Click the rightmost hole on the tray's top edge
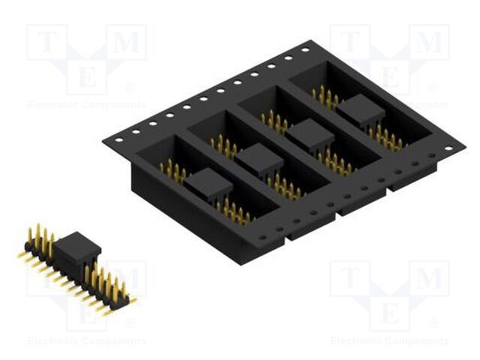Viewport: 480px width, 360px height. pos(304,50)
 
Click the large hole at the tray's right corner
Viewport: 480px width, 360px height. pos(448,148)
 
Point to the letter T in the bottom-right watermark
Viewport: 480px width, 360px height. pos(351,279)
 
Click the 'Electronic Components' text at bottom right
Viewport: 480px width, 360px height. pos(389,341)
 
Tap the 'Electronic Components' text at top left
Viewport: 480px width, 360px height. pos(86,105)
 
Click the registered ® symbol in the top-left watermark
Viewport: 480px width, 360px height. pos(130,87)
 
